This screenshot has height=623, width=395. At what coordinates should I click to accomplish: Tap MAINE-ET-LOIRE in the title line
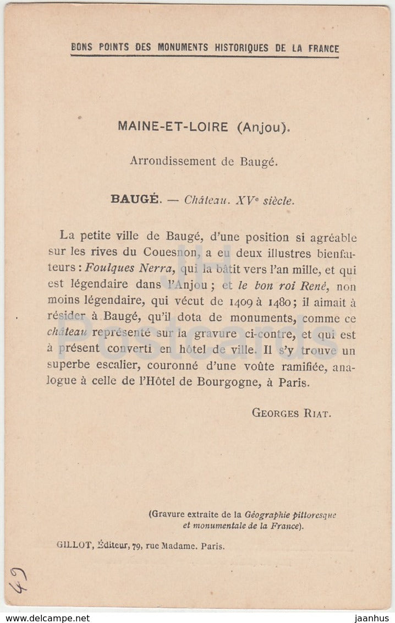(173, 127)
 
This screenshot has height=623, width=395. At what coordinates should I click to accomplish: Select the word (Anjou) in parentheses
(262, 127)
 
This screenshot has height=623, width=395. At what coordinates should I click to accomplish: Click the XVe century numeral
(246, 200)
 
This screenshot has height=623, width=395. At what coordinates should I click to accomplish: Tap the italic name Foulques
(113, 270)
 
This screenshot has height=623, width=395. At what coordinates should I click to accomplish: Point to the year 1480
(282, 302)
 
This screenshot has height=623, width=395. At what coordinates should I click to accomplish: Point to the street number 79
(137, 546)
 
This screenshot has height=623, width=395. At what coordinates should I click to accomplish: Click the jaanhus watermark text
(372, 617)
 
